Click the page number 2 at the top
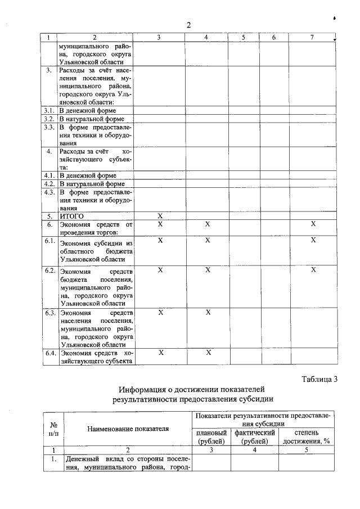(x=189, y=25)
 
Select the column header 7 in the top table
(x=312, y=38)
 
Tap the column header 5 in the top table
(x=243, y=38)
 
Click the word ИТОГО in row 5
(x=71, y=215)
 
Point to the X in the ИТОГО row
(x=160, y=215)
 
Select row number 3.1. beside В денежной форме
(x=49, y=111)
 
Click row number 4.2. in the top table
(x=49, y=183)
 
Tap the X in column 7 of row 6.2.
(x=312, y=270)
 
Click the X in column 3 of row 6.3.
(x=160, y=312)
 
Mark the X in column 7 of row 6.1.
(x=312, y=240)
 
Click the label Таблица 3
(x=319, y=379)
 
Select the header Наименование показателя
(x=128, y=429)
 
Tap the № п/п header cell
(x=55, y=429)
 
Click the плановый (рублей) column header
(x=211, y=437)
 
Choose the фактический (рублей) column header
(x=255, y=437)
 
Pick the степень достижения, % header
(x=307, y=437)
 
